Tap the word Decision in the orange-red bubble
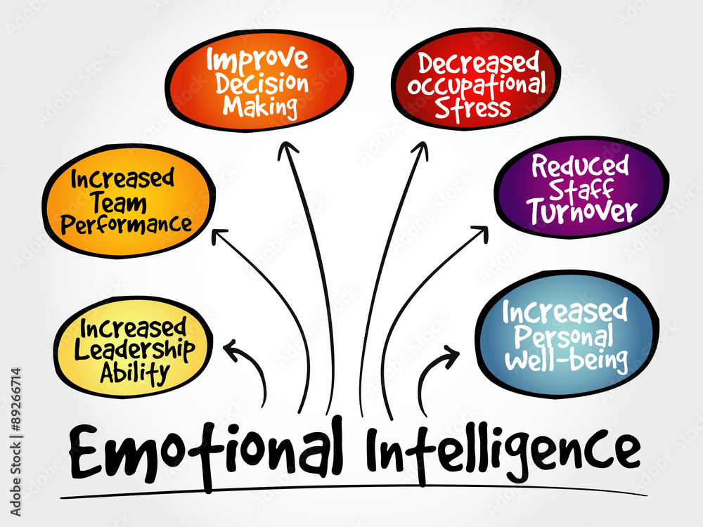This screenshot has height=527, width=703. pos(262,84)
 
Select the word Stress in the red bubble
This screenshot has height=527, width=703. pos(472,108)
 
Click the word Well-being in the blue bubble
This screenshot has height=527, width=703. pos(566,358)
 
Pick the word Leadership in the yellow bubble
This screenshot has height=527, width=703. pos(134,351)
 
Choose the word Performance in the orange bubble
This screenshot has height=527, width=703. pos(127,224)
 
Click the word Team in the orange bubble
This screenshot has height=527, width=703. pos(120,203)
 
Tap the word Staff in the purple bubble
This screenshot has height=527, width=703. pos(581,189)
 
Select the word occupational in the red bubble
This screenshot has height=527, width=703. pos(476,86)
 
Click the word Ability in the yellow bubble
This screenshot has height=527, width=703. pos(134,373)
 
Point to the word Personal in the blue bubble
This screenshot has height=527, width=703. pos(563,336)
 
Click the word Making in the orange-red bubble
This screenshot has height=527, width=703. pos(260,107)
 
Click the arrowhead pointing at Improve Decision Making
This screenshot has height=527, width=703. pos(287,150)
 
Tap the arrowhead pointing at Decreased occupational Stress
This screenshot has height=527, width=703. pos(420,150)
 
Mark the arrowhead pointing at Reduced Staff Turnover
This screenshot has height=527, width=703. pos(481,233)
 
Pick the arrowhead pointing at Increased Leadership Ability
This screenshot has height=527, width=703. pos(231,349)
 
